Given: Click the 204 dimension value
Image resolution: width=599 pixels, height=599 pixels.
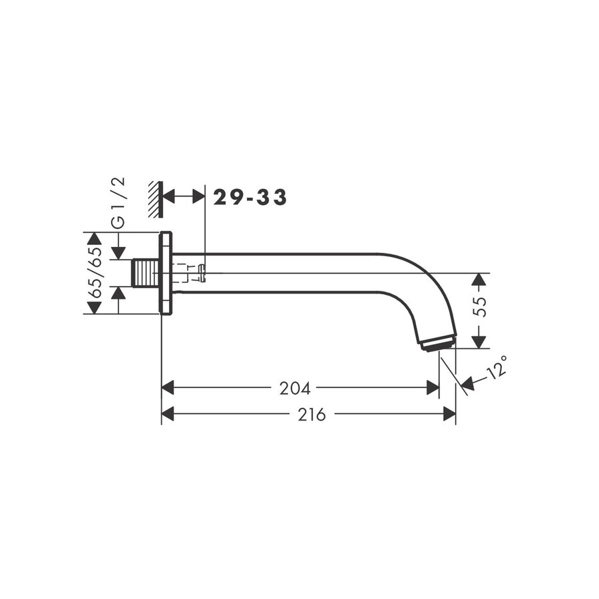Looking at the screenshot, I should click(x=295, y=388).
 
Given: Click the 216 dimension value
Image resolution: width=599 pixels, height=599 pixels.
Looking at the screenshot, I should click(x=311, y=415).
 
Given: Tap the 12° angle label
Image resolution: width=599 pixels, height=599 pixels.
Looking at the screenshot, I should click(x=497, y=367).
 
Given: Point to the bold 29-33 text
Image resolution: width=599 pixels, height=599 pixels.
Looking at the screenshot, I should click(x=250, y=197).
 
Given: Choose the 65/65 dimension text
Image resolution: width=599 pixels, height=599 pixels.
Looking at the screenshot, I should click(x=95, y=273).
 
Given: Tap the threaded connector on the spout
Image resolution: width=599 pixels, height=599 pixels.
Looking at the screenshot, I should click(x=146, y=273).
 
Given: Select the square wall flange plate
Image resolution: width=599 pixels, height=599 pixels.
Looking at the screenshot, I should click(x=166, y=273).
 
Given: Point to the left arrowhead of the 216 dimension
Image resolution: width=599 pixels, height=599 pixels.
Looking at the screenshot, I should click(x=168, y=415).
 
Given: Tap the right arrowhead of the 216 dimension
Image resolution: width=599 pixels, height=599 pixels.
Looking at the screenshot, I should click(x=449, y=415).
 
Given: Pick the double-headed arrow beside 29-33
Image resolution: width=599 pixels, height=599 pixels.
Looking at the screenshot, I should click(x=184, y=196).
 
